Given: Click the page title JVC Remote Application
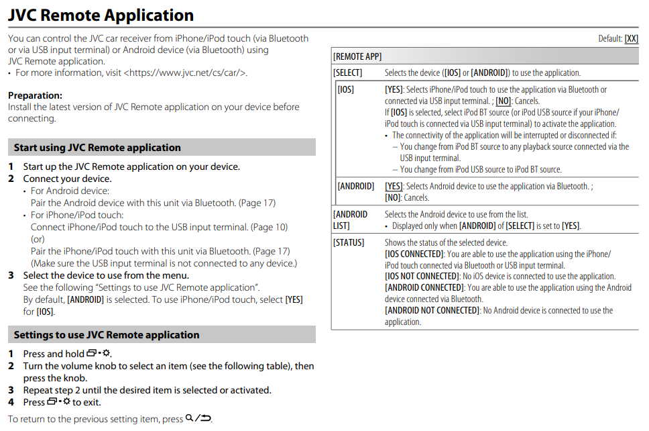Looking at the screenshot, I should (101, 15).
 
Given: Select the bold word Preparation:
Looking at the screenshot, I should (35, 95).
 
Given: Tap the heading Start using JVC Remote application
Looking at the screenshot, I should (97, 148).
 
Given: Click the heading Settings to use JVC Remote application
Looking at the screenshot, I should (107, 335).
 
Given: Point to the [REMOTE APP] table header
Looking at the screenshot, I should (357, 57).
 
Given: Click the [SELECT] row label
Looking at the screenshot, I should (348, 73).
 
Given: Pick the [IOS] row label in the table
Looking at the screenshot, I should (346, 89).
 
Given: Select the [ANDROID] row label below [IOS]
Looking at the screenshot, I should (356, 186).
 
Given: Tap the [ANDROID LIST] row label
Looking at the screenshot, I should (350, 220).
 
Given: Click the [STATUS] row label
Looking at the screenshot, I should (349, 242).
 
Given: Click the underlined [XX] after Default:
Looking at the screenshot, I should (631, 39).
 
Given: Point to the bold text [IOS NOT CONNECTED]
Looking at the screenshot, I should (423, 277).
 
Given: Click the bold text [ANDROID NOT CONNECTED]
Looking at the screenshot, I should (432, 310).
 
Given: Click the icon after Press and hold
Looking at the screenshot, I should (99, 354).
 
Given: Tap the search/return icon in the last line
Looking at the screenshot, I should (198, 418).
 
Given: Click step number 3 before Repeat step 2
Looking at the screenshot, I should (11, 390).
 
